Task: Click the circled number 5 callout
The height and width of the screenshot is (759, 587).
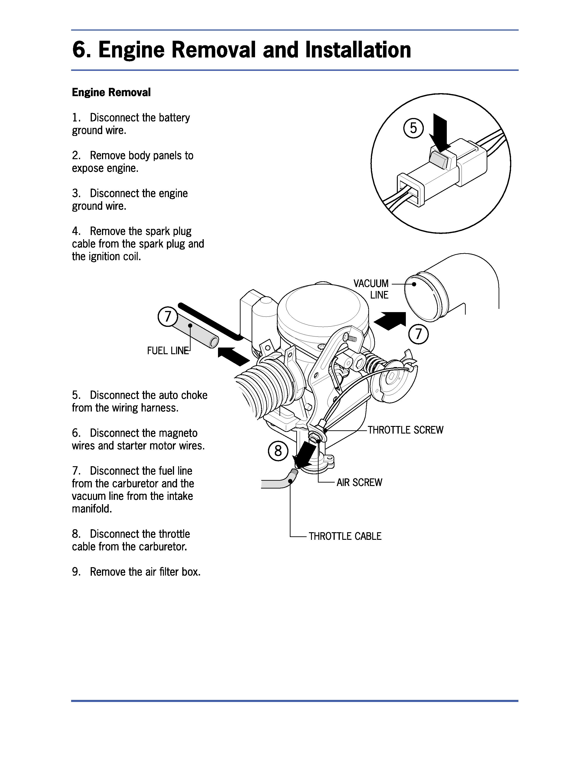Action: pos(413,128)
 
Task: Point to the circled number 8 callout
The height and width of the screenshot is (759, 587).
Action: pos(278,451)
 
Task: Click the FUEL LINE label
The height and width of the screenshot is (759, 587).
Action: pos(168,351)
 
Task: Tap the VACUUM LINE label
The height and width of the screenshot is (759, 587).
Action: pos(371,289)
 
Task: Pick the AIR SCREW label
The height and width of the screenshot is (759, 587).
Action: pos(359,482)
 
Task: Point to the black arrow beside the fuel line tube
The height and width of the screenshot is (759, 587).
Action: pos(233,356)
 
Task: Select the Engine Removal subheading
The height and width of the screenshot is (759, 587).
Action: pos(111,92)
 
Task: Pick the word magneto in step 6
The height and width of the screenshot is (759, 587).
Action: pos(178,433)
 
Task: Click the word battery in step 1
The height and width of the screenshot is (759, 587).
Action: pos(174,118)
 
